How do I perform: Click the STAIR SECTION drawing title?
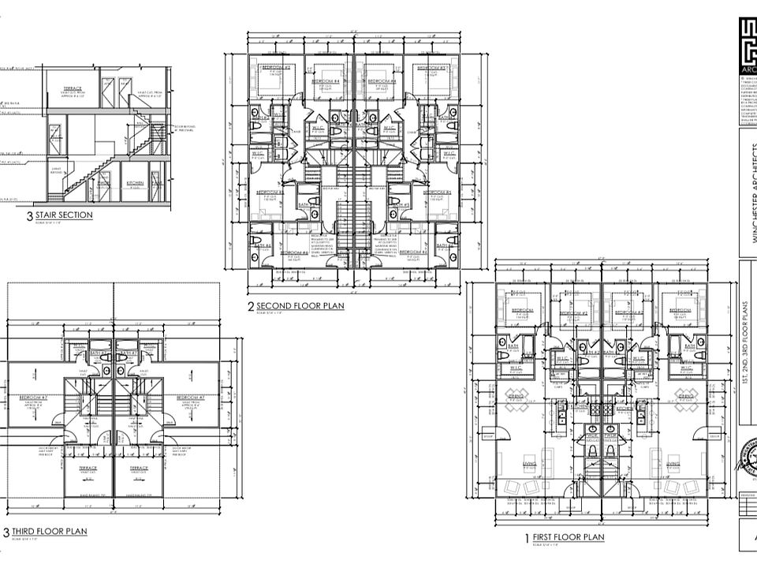(x=64, y=215)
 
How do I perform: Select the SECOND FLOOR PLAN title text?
(x=300, y=306)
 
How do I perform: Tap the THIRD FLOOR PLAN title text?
(x=49, y=532)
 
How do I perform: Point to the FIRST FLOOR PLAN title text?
(x=569, y=538)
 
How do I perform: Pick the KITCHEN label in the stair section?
(x=136, y=183)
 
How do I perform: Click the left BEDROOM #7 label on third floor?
(x=35, y=397)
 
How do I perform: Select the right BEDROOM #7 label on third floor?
(x=192, y=397)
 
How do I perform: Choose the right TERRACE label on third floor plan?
(x=139, y=468)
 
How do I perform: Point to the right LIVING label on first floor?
(x=673, y=464)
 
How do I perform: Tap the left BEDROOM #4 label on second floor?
(x=325, y=81)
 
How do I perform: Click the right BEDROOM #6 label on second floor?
(x=413, y=252)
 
